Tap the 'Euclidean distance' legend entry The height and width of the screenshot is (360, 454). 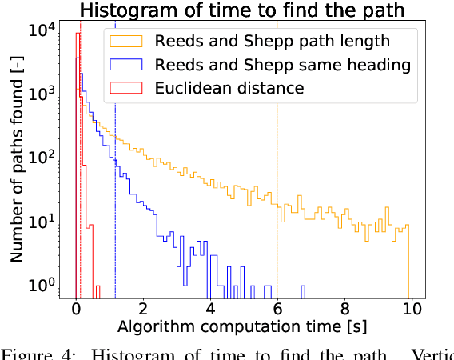pos(230,87)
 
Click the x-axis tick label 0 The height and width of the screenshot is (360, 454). pos(76,309)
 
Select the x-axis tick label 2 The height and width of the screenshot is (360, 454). pos(143,309)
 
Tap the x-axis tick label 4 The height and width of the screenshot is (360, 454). pos(210,309)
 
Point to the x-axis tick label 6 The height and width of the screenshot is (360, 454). pos(277,309)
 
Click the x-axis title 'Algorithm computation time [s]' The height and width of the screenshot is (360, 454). pos(243,327)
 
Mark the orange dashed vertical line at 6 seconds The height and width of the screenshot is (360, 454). pos(277,160)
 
